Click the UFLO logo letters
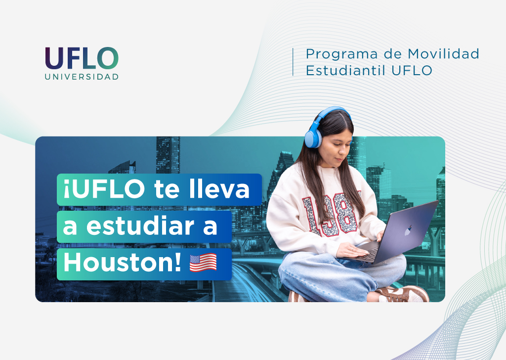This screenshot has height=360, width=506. click(82, 58)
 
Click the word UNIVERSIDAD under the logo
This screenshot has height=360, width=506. click(82, 77)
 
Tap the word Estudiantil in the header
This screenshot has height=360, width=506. click(345, 70)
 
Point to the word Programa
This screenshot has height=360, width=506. click(341, 54)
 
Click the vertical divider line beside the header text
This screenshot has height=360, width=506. click(293, 62)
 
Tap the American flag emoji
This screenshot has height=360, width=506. click(203, 263)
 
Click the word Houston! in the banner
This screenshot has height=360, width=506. click(123, 263)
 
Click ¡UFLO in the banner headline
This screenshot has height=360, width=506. click(104, 189)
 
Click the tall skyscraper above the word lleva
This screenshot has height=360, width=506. click(168, 155)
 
